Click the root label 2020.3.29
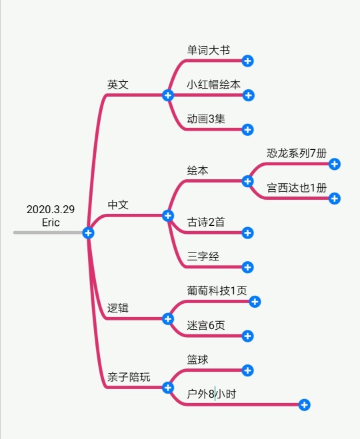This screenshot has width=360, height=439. pyautogui.click(x=51, y=209)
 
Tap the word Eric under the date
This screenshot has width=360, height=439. pyautogui.click(x=51, y=222)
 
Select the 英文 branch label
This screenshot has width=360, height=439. pyautogui.click(x=118, y=85)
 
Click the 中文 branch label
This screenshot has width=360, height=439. pyautogui.click(x=118, y=205)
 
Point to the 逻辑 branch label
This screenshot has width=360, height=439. pyautogui.click(x=118, y=308)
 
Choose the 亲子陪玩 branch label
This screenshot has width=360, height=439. pyautogui.click(x=129, y=377)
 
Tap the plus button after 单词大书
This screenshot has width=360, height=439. pyautogui.click(x=247, y=61)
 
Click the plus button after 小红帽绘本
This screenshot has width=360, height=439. pyautogui.click(x=248, y=95)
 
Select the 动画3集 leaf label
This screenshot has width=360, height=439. pyautogui.click(x=206, y=119)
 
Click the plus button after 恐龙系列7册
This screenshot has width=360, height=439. pyautogui.click(x=334, y=164)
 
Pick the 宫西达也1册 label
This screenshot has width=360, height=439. pyautogui.click(x=297, y=188)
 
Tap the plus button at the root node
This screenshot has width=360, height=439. pyautogui.click(x=88, y=233)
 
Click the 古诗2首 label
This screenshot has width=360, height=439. pyautogui.click(x=206, y=222)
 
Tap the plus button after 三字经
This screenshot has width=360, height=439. pyautogui.click(x=247, y=267)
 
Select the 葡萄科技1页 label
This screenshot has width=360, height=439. pyautogui.click(x=217, y=290)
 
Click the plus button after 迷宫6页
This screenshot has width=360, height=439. pyautogui.click(x=247, y=336)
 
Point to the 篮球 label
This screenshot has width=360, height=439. pyautogui.click(x=197, y=360)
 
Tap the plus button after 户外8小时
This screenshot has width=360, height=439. pyautogui.click(x=304, y=405)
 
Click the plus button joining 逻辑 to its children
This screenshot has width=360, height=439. pyautogui.click(x=168, y=319)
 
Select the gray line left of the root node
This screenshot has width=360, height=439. pyautogui.click(x=47, y=232)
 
